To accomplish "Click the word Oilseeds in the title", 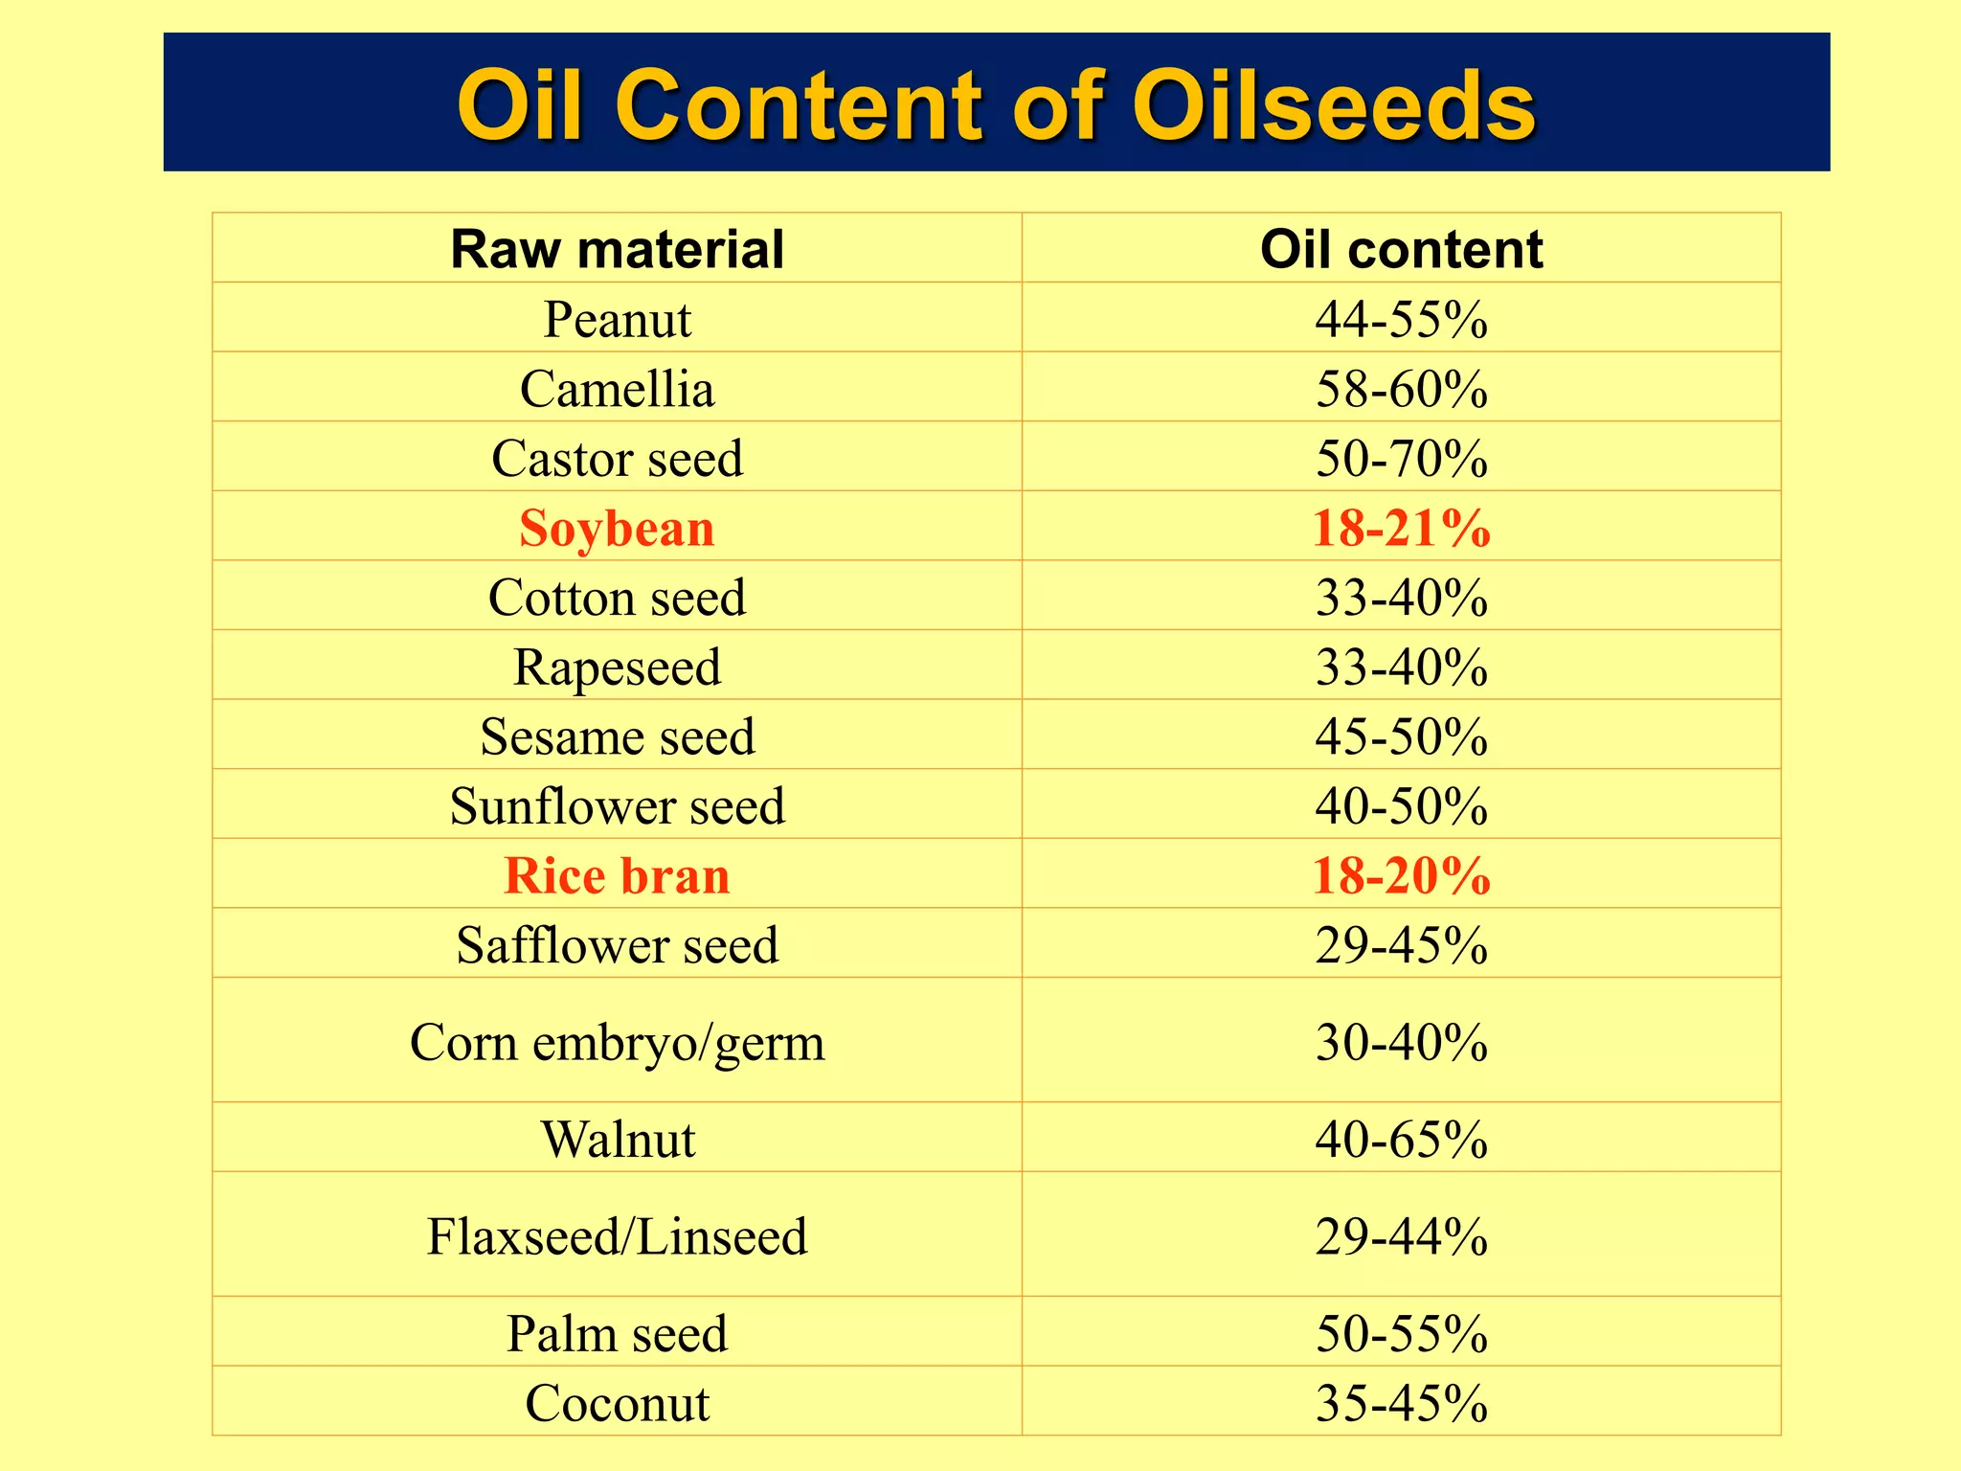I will coord(1333,105).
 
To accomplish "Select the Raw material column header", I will coord(617,250).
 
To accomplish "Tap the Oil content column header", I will coord(1401,250).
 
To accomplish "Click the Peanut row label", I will coord(617,319).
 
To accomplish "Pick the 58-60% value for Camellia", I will coord(1401,389).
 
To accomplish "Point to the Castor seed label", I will coord(617,458).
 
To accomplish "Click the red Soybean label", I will coord(617,528).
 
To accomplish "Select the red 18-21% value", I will coord(1401,528).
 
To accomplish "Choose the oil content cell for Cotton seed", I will coord(1401,598).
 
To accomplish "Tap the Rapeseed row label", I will coord(617,667).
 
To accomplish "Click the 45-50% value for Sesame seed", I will coord(1401,736).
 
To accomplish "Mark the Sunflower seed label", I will coord(617,805).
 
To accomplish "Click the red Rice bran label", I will coord(617,875).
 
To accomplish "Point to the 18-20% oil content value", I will coord(1401,875).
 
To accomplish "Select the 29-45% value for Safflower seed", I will coord(1401,945).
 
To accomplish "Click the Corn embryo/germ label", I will coord(617,1042).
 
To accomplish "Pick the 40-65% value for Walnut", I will coord(1401,1140).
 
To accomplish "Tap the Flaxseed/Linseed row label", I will coord(617,1236).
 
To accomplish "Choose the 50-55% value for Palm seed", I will coord(1401,1333).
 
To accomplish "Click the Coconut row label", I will coord(617,1403).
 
